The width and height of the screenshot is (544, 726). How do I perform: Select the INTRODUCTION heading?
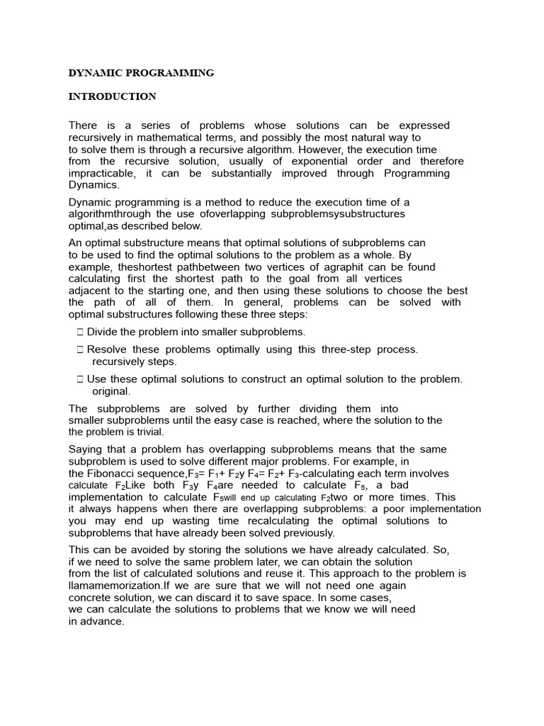pyautogui.click(x=112, y=96)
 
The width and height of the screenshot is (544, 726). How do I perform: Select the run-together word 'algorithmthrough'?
pyautogui.click(x=109, y=214)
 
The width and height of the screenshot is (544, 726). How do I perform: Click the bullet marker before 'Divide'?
pyautogui.click(x=80, y=332)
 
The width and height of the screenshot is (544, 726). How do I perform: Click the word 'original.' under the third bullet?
pyautogui.click(x=112, y=391)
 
